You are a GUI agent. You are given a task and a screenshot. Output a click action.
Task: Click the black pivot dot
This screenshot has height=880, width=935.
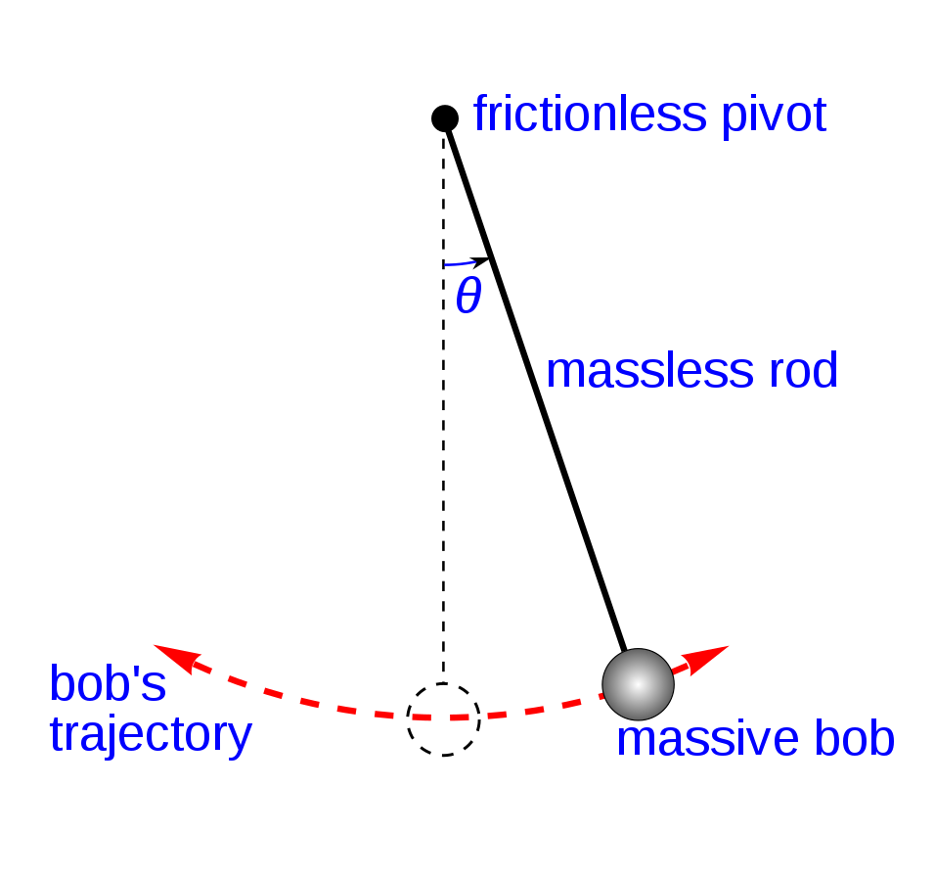point(445,118)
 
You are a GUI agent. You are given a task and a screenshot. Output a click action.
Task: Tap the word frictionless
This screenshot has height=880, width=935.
point(590,114)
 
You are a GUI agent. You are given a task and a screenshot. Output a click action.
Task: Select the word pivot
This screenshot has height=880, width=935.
point(774,116)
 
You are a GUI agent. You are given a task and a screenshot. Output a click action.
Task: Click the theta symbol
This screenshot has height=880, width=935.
point(468,296)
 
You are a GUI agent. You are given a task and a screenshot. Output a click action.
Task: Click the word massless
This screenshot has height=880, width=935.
point(650,370)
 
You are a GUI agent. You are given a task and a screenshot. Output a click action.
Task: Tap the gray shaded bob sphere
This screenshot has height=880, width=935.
point(638,684)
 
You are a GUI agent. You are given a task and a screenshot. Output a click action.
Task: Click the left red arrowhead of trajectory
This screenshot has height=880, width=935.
point(177,658)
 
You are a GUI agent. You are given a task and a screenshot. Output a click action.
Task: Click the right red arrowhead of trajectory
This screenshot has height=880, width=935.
point(705,659)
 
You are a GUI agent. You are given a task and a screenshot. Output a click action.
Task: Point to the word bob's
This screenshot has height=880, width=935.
point(108,683)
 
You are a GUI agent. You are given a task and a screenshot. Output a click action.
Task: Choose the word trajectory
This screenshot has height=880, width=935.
point(151,735)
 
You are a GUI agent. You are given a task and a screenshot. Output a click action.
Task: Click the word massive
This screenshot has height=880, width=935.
point(707,739)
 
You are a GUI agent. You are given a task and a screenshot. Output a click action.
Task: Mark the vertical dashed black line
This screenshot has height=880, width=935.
point(444,405)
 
